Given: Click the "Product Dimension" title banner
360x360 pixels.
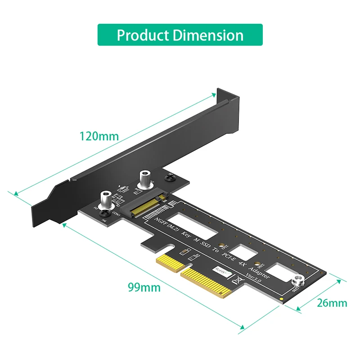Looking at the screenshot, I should [x=180, y=35].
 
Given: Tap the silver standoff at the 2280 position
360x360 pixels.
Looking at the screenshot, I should [x=297, y=282].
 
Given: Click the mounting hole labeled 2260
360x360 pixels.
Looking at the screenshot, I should [x=257, y=264].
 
